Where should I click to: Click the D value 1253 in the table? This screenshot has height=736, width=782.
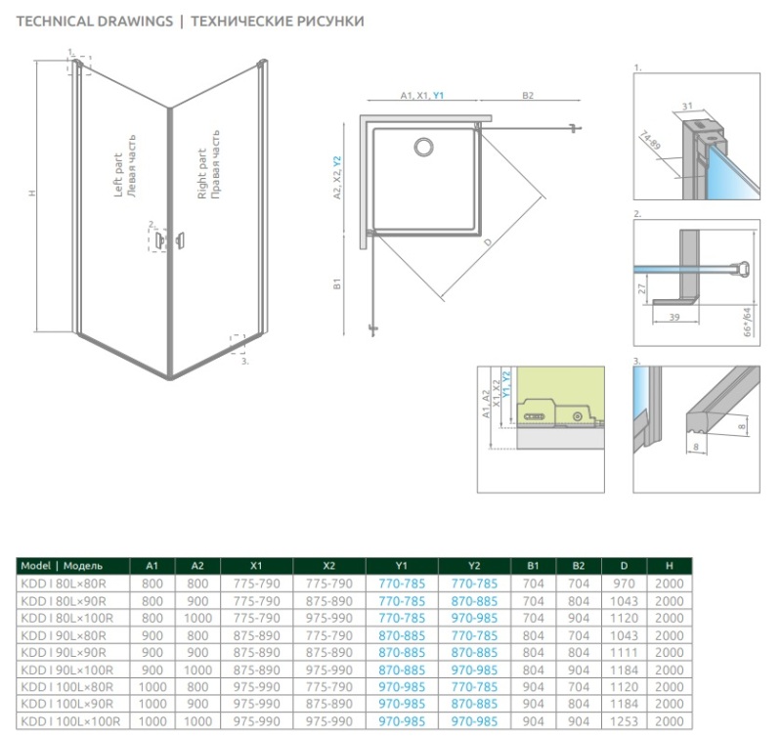coord(624,721)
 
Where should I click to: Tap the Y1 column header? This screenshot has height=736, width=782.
coord(402,566)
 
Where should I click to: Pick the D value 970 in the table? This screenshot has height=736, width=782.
coord(624,584)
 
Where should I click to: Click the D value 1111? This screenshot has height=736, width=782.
coord(624,652)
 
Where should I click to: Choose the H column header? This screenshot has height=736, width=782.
coord(670,566)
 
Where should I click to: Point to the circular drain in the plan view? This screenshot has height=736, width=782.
coord(423,147)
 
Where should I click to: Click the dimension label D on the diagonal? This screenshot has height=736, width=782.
coord(488,242)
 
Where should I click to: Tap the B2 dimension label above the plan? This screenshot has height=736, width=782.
coord(528,95)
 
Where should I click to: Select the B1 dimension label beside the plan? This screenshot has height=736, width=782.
coord(337,283)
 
